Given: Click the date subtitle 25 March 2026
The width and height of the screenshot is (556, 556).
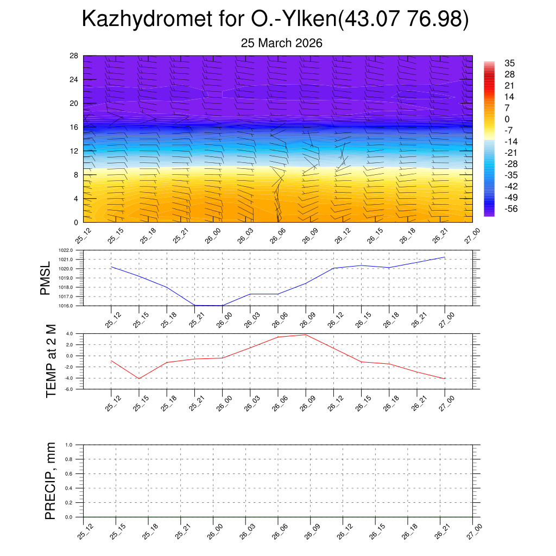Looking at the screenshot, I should coord(281,43).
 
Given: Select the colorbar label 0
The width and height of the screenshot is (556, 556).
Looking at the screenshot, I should coord(507,119).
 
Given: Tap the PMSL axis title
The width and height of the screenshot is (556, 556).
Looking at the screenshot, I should coord(45,278).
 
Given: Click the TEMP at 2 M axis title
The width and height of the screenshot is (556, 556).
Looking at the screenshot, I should coord(51,362).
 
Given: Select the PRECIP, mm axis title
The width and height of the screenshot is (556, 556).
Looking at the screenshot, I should coord(50,481).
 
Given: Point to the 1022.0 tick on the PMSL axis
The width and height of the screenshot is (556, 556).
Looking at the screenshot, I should coord(72,250).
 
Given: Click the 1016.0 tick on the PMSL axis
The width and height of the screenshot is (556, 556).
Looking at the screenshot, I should coord(72,306).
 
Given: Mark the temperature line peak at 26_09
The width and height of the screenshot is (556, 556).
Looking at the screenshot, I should coord(306,334).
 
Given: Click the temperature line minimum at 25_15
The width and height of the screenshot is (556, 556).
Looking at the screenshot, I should coord(139,378).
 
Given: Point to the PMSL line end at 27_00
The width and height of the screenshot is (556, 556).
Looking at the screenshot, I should coord(445,257).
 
